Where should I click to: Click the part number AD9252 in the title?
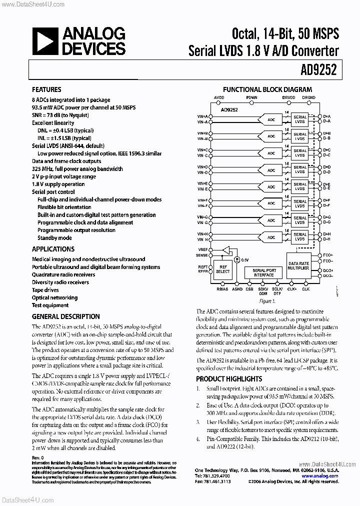coord(320,70)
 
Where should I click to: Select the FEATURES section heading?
coord(46,89)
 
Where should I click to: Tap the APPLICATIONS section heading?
coord(53,249)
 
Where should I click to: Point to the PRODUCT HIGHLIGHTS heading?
coord(229,379)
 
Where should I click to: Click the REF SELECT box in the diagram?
coord(223,269)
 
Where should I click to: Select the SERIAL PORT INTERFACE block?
coord(263,272)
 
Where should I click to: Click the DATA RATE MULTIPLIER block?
coord(299,266)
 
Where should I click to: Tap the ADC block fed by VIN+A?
coord(271,119)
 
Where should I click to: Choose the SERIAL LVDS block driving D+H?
coord(300,236)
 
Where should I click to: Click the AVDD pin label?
coord(219,97)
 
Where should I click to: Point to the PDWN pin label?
coord(251,97)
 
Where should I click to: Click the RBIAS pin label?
coord(222,289)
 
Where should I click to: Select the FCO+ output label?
coord(328,254)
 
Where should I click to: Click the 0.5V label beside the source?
coord(245,259)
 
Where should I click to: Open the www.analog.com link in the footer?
coord(326,476)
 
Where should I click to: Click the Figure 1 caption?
coord(267,301)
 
